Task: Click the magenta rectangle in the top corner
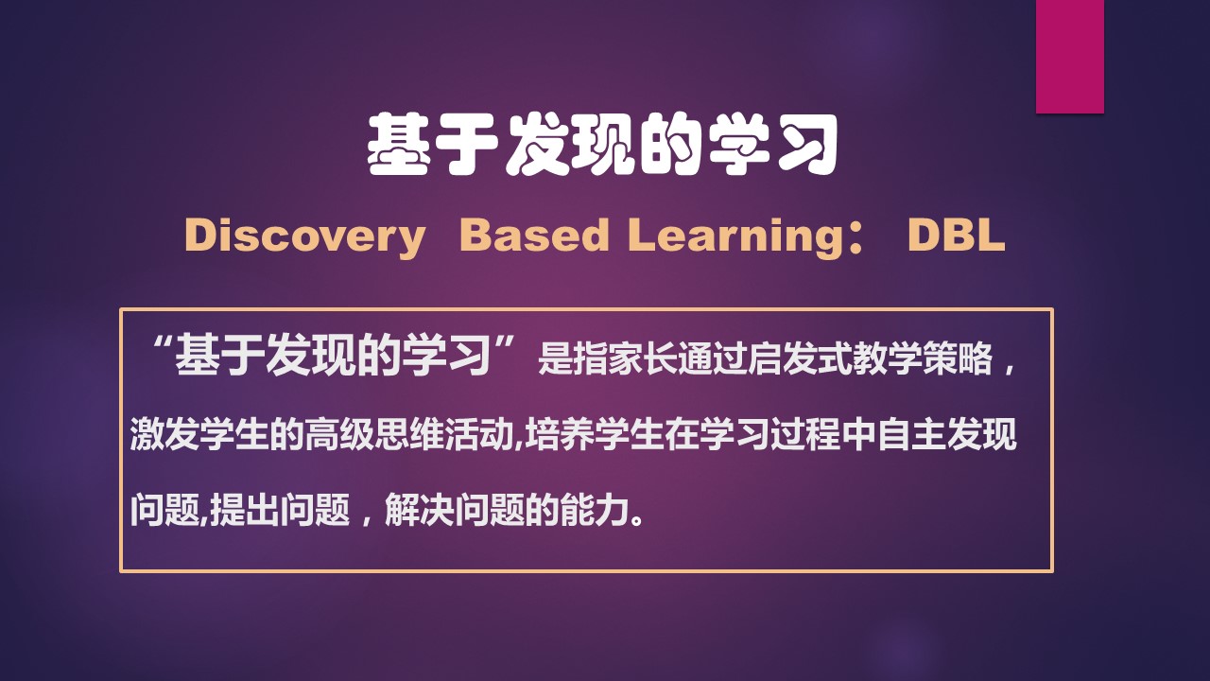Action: (x=1069, y=56)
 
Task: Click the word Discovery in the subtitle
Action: (x=304, y=236)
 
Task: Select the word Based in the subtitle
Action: (x=534, y=236)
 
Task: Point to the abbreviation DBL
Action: (x=955, y=236)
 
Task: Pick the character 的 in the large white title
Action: (x=672, y=146)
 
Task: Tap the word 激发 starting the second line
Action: (x=164, y=437)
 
